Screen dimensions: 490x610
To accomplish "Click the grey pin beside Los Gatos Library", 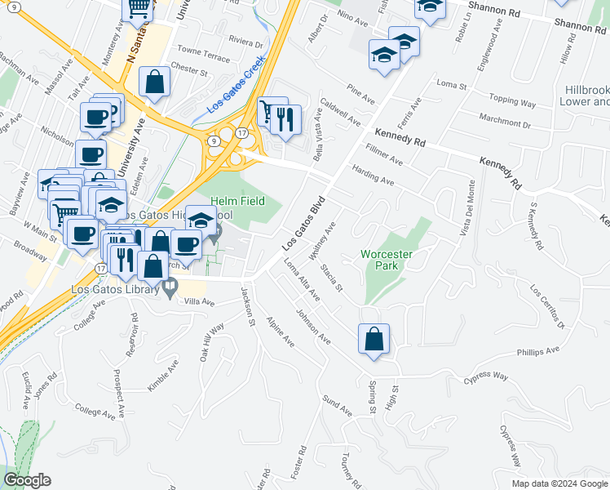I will pyautogui.click(x=170, y=286).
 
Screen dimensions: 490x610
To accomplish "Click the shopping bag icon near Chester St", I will pyautogui.click(x=154, y=82).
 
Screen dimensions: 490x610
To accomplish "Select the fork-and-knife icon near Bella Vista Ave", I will pyautogui.click(x=285, y=120).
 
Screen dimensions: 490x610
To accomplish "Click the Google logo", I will pyautogui.click(x=27, y=480).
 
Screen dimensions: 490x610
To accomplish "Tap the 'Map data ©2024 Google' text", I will pyautogui.click(x=558, y=483).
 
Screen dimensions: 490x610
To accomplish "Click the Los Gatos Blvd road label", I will pyautogui.click(x=303, y=224).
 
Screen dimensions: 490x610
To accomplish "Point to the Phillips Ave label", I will pyautogui.click(x=537, y=352).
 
